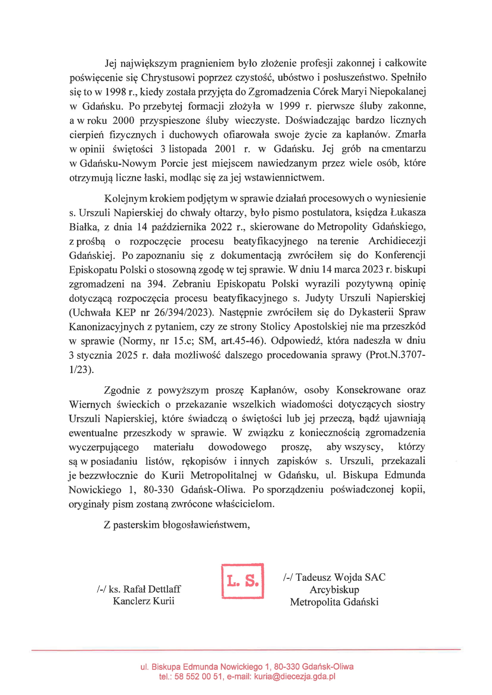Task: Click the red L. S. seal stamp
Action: (242, 581)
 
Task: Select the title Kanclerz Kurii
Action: (144, 601)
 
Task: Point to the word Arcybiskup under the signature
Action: (334, 590)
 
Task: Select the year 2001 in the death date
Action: (225, 149)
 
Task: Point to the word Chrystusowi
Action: (168, 78)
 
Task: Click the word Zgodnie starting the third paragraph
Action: (122, 390)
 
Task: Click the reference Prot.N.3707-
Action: (395, 355)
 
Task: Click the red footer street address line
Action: (247, 666)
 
